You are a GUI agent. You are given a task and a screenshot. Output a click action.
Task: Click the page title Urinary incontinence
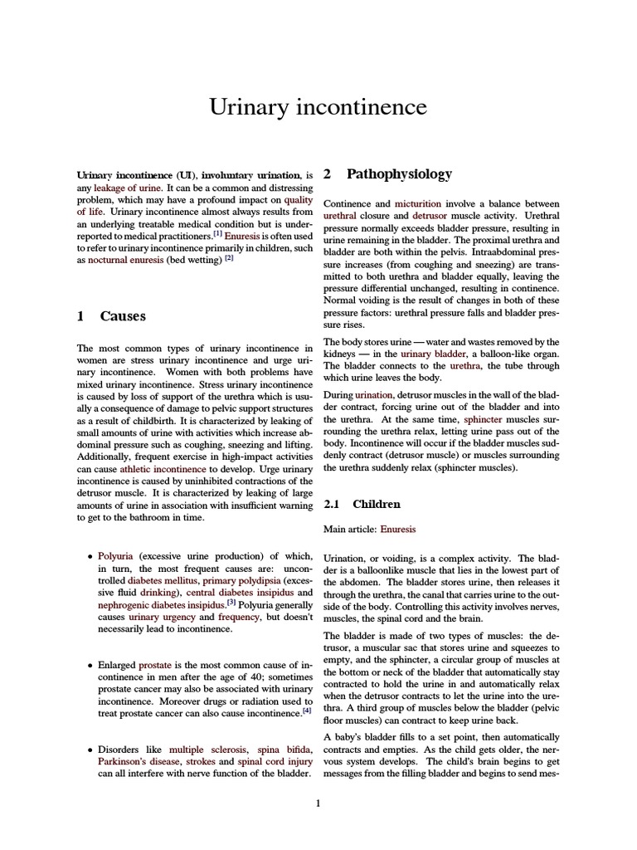[x=318, y=107]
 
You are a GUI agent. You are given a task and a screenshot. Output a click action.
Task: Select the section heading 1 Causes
[x=111, y=315]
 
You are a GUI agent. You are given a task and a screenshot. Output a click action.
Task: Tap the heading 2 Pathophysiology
[x=387, y=174]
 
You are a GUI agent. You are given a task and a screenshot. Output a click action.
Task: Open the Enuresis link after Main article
[x=398, y=529]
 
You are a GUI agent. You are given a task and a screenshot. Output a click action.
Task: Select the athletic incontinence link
[x=163, y=469]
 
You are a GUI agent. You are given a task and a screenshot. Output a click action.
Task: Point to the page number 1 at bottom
[x=318, y=803]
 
